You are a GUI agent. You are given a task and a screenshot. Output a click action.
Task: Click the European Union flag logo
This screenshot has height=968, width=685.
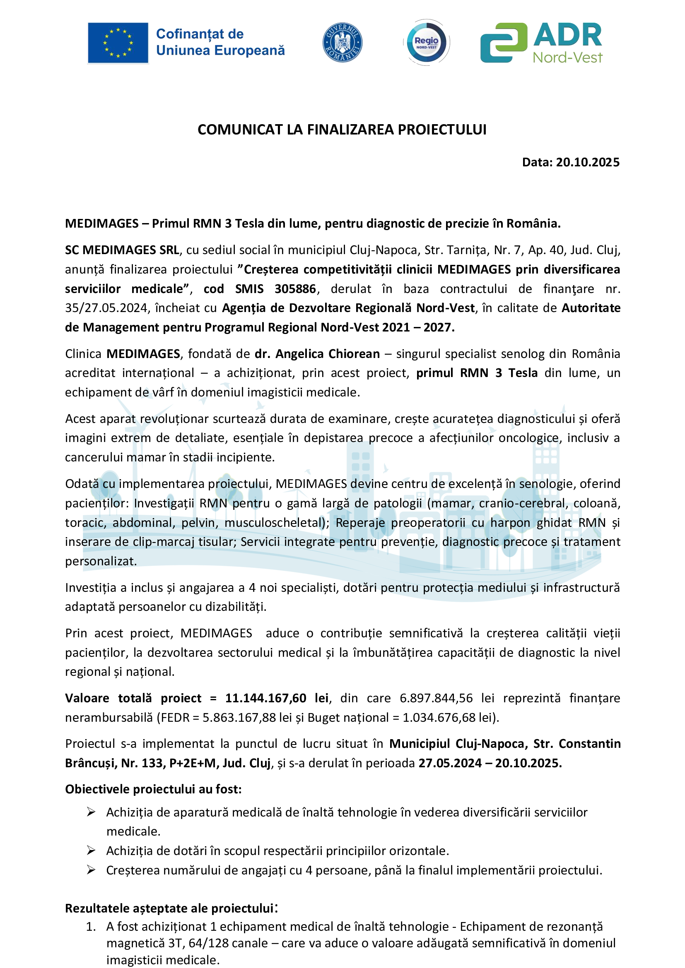tap(118, 43)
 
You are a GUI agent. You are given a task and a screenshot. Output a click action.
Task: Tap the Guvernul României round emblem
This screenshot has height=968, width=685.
tap(342, 43)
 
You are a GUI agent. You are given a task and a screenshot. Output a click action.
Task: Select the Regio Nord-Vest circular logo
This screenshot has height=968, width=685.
tap(427, 43)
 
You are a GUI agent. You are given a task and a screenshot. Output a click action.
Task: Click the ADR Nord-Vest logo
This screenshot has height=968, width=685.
tap(542, 43)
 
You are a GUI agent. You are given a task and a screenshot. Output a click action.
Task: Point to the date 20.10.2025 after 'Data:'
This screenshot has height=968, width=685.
tap(587, 162)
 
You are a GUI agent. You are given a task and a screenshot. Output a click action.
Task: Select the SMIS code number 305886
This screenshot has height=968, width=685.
tap(295, 289)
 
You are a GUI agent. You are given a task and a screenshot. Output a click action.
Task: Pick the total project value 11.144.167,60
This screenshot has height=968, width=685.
tap(266, 698)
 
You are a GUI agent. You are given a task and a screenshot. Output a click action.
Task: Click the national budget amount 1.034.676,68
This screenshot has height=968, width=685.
tap(439, 718)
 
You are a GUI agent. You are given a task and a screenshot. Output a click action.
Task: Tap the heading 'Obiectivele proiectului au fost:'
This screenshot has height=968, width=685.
tap(153, 789)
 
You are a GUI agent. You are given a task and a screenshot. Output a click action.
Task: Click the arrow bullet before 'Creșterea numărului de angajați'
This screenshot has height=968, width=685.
tap(91, 870)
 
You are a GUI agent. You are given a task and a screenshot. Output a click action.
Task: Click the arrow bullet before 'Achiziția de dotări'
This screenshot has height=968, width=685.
tap(91, 851)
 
